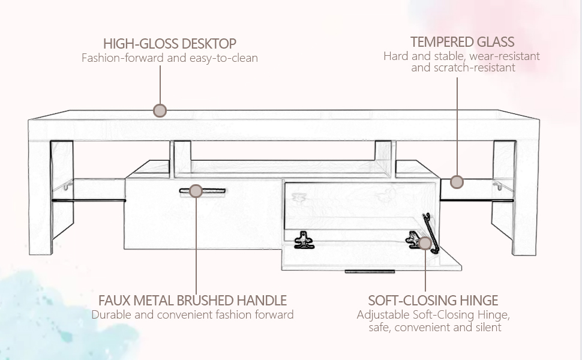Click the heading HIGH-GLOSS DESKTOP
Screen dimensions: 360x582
tap(169, 44)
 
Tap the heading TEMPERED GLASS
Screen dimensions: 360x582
tap(462, 42)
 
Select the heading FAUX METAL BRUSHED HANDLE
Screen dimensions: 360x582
tap(193, 300)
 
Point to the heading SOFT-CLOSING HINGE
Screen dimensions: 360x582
tap(433, 300)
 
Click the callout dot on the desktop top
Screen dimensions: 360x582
tap(160, 110)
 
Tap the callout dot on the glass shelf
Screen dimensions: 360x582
tap(457, 181)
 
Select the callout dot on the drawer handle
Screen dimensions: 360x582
tap(195, 191)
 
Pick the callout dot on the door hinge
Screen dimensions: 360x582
tap(425, 243)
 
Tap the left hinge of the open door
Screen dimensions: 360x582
tap(303, 241)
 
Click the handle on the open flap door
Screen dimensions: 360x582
tap(370, 271)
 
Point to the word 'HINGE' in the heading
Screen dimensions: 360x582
tap(478, 300)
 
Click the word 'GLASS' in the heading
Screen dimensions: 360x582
tap(495, 42)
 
